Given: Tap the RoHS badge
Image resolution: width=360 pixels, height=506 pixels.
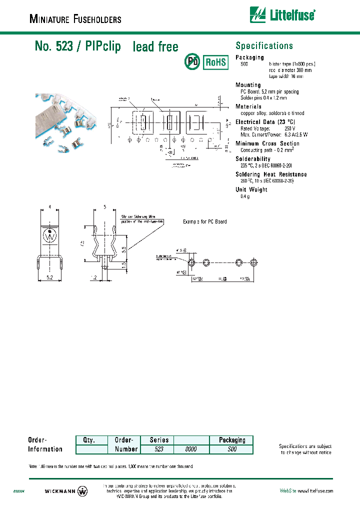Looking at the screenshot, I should pos(215,62).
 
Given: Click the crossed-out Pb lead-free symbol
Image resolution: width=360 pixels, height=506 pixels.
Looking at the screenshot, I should pos(192,62).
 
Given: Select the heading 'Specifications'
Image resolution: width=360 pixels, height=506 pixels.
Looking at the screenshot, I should pos(264,46).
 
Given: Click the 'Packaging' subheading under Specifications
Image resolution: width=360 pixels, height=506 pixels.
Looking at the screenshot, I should pos(249,57).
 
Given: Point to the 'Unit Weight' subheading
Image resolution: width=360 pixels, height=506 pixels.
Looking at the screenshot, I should pos(251,189).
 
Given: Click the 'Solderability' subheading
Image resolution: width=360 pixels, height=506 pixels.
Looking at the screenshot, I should pos(253,159).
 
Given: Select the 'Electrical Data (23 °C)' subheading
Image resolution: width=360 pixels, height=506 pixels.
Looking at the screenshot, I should pos(265,122).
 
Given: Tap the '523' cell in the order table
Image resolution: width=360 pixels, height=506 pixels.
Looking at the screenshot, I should pos(159,449).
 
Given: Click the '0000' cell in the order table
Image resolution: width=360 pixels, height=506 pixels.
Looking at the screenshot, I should pos(191,449).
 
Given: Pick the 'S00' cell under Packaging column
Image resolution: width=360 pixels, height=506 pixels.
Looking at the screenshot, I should pos(232,449).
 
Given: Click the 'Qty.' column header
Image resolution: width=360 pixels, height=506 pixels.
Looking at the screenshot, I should pos(91,440).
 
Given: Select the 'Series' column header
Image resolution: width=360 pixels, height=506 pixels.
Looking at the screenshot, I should pos(159,440).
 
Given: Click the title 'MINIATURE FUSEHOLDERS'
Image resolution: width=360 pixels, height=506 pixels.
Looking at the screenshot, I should pos(75,19).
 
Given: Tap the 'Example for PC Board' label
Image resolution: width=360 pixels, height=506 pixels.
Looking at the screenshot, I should pos(204,221).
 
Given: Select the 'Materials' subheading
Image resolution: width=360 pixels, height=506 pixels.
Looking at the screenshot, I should pos(248,106).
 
